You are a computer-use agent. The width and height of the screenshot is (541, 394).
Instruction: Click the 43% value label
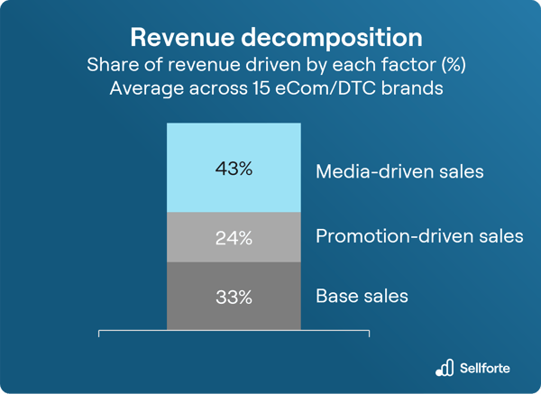pos(234,169)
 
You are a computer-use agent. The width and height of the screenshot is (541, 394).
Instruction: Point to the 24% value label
pos(234,238)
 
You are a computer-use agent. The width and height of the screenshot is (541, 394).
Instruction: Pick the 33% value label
pos(234,296)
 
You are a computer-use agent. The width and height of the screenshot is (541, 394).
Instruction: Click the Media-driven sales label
pos(400,171)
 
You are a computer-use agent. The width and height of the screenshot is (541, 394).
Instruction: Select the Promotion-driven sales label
pos(419,237)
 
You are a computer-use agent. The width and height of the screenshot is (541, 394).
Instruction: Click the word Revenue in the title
pos(183,37)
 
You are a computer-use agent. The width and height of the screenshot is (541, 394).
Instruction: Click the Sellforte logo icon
pos(444,367)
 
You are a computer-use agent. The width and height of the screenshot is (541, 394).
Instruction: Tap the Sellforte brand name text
pos(486,368)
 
